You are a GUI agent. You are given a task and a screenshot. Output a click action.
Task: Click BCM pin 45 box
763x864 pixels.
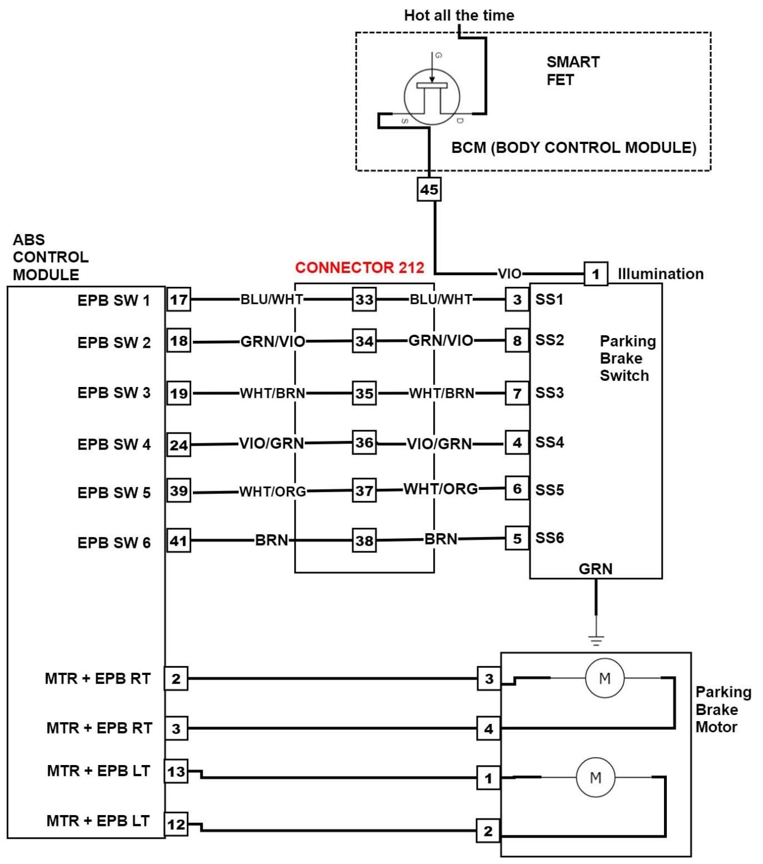click(429, 189)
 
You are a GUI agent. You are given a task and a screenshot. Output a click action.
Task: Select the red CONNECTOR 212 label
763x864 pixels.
click(360, 268)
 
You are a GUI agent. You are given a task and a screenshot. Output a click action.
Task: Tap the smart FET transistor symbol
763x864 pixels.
click(432, 97)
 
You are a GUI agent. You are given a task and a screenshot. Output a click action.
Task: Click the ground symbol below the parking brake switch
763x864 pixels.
click(596, 640)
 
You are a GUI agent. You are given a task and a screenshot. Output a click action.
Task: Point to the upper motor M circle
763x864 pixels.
click(604, 678)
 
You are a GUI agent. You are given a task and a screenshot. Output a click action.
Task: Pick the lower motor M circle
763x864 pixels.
click(595, 778)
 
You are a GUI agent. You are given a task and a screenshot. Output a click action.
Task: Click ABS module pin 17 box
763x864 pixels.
click(178, 299)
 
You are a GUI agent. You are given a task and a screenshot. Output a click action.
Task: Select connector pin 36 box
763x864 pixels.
click(364, 443)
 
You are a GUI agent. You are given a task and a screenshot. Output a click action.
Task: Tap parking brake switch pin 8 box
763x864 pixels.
click(517, 340)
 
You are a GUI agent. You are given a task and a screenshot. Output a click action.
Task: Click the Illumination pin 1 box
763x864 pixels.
click(595, 274)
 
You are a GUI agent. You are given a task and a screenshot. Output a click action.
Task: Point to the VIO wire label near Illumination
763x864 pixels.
click(509, 274)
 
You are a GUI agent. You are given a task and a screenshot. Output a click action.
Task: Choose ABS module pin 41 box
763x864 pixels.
click(178, 541)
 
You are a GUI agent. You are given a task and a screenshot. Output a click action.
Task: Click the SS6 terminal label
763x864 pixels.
click(549, 538)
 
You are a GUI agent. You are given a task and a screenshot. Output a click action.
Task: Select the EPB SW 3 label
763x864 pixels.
click(114, 393)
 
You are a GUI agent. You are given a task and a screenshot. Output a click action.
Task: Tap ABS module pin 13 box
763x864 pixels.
click(176, 771)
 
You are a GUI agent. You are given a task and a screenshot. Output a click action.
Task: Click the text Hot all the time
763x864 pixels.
click(459, 15)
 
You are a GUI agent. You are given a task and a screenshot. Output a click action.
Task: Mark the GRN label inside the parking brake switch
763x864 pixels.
click(595, 569)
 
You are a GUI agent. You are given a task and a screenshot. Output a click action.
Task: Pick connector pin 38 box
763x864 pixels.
click(364, 541)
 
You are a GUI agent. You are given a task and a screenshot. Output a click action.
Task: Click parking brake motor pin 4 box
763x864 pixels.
click(488, 729)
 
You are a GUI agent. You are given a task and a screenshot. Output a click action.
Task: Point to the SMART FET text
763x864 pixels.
click(572, 70)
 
